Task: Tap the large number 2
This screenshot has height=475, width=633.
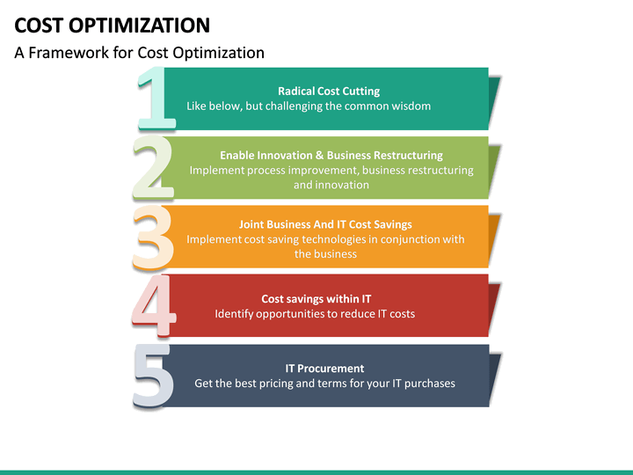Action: point(152,167)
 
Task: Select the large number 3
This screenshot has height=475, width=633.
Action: point(152,237)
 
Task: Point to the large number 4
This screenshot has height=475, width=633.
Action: point(152,305)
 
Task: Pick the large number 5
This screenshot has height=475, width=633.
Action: point(152,376)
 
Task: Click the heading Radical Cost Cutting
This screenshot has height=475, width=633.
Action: point(329,91)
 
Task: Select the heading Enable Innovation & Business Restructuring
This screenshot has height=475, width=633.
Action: point(331,156)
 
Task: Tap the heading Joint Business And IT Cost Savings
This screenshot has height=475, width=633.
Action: point(325,224)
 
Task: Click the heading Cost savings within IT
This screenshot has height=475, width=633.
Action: point(316,299)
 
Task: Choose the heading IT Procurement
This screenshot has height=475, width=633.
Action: point(324,369)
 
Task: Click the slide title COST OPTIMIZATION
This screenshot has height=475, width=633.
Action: point(113,25)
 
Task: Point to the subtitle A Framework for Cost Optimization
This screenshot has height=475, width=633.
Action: point(139,53)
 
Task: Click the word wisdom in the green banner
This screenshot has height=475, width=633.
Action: point(410,106)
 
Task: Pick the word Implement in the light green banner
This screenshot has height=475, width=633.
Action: point(216,171)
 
